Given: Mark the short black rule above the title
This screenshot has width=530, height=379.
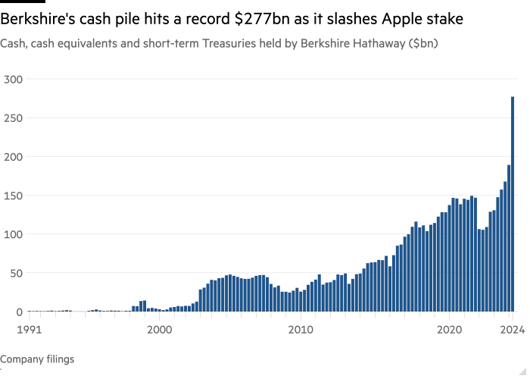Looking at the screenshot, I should coord(17,2).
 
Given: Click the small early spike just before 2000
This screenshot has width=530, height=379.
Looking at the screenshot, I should coord(142,305).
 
